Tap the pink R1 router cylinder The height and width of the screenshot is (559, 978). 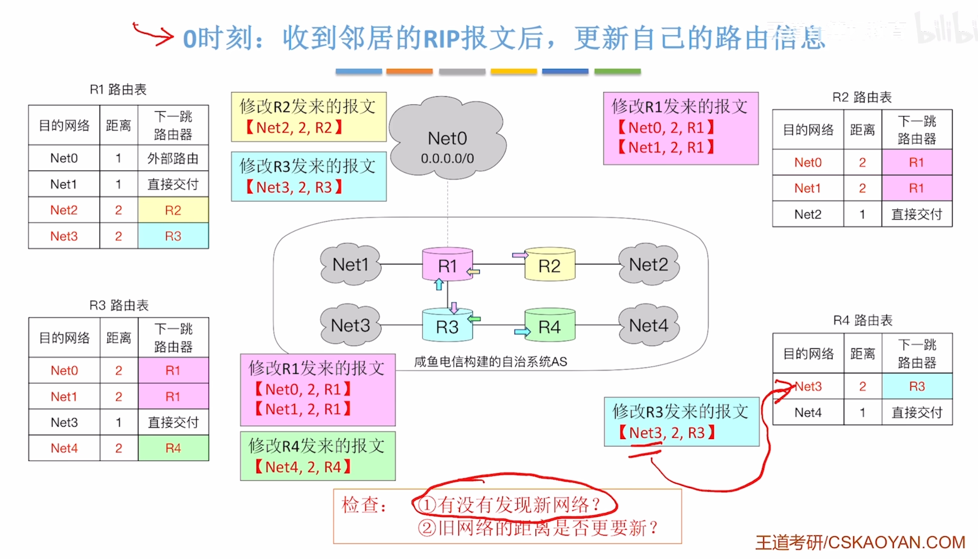(x=447, y=265)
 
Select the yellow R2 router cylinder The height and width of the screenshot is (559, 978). (x=549, y=265)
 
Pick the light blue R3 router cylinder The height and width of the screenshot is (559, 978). (x=447, y=326)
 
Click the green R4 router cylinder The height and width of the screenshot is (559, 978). (x=549, y=326)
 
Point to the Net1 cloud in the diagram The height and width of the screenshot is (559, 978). (x=350, y=265)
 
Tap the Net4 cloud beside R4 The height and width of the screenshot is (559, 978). (x=648, y=325)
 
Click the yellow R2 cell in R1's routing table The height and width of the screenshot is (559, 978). (x=173, y=210)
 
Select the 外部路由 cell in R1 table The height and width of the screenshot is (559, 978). (x=173, y=158)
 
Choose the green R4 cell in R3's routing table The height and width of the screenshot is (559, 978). (x=173, y=448)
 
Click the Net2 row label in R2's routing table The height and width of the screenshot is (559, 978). (x=807, y=214)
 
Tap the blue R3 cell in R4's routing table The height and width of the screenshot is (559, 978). (x=917, y=386)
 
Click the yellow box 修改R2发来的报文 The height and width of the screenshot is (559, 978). (x=309, y=117)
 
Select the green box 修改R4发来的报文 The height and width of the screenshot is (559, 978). (x=317, y=456)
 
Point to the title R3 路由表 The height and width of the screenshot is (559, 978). (x=119, y=305)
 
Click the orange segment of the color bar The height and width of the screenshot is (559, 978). (x=409, y=71)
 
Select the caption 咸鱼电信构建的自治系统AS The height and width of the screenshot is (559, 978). (x=491, y=362)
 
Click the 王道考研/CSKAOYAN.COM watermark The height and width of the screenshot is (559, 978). (x=860, y=542)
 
